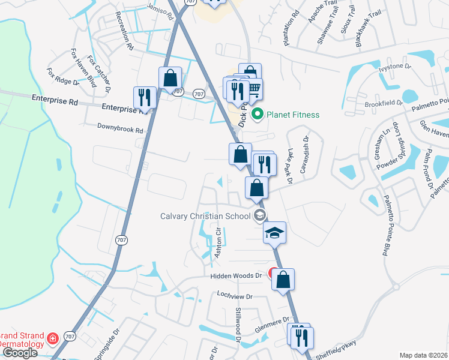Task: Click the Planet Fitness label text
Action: (293, 115)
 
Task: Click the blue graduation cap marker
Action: (274, 232)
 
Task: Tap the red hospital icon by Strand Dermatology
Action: (53, 340)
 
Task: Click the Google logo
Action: (19, 353)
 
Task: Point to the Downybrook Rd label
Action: (121, 130)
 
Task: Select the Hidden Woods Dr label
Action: (237, 276)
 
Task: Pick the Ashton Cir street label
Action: (218, 243)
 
